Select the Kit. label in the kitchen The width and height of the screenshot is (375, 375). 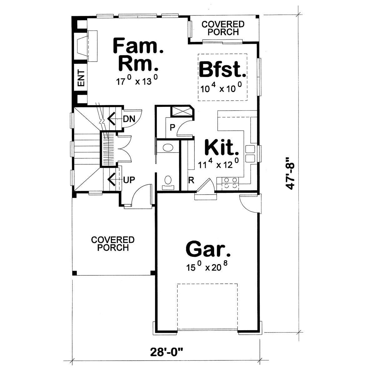click(x=221, y=148)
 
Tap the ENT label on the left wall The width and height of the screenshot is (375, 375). click(x=81, y=78)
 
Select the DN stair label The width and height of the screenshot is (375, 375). click(x=129, y=119)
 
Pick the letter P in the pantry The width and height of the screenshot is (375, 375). click(x=172, y=127)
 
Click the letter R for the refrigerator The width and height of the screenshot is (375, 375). click(x=191, y=180)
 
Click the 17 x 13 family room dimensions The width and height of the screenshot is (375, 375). click(x=136, y=82)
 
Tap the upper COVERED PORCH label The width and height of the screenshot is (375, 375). click(x=223, y=28)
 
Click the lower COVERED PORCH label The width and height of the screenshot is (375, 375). click(x=113, y=244)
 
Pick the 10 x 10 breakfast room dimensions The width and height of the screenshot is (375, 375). click(x=221, y=89)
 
